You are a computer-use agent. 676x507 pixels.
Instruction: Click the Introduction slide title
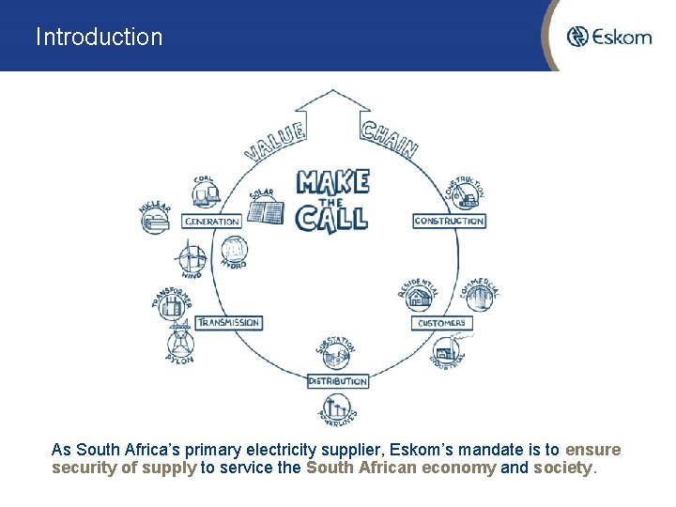pos(99,38)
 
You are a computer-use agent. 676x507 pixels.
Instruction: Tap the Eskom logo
pos(609,37)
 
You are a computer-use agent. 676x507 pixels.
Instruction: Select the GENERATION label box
pos(212,222)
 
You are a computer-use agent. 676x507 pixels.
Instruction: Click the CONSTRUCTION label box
pos(449,222)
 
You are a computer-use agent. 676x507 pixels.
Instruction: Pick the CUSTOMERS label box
pos(441,323)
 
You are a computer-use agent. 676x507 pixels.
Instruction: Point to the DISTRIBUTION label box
pos(338,381)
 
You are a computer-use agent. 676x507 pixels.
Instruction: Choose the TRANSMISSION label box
pos(228,322)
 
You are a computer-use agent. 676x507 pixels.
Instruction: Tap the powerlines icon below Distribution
pos(336,407)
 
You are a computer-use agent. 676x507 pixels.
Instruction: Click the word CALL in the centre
pos(331,218)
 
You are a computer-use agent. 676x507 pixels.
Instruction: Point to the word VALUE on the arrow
pos(275,141)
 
